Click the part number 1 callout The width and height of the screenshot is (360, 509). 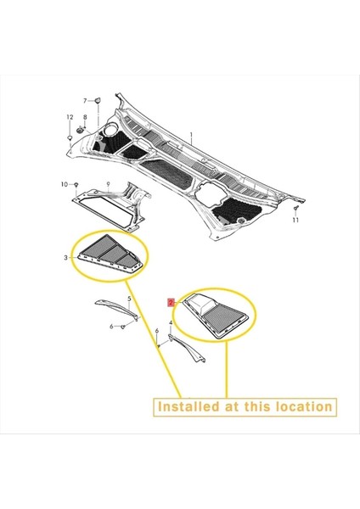point(192,135)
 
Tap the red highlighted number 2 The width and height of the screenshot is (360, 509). point(171,300)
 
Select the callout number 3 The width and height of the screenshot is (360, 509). point(66,256)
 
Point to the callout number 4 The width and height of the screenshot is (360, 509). point(171,323)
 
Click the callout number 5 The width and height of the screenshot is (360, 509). point(129,299)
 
